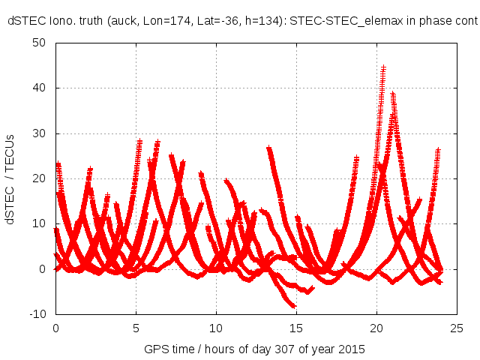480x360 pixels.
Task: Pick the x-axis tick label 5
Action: pos(136,328)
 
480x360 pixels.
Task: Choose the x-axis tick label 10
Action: pos(216,328)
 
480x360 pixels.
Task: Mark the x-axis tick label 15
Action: pos(296,328)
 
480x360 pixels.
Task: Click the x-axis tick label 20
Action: pos(376,328)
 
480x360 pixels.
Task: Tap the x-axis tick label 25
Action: pos(457,328)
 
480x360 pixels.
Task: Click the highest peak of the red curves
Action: pos(383,67)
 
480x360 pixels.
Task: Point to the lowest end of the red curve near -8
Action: pos(293,305)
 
